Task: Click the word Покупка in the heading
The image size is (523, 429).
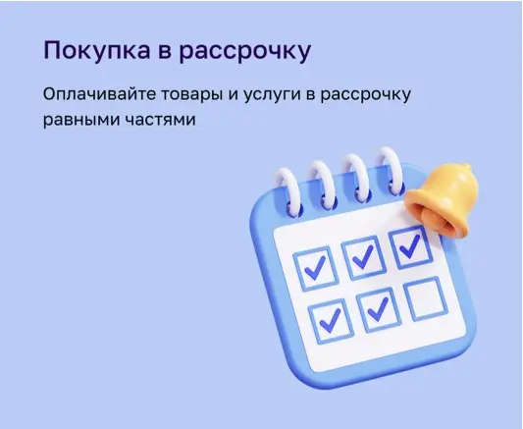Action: tap(96, 51)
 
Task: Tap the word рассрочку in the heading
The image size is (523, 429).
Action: tap(245, 53)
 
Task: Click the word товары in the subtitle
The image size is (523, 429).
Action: tap(191, 96)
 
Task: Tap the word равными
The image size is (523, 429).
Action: tap(81, 120)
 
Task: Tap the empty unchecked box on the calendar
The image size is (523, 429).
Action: tap(425, 298)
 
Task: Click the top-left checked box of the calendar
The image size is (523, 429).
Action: tap(314, 269)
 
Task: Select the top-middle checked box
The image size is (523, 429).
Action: tap(363, 258)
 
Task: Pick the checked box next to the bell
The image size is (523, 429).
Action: tap(410, 246)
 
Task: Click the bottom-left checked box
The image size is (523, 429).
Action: tap(331, 320)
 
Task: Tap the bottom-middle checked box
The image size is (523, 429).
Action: tap(379, 310)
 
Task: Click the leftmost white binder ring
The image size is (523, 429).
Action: tap(289, 191)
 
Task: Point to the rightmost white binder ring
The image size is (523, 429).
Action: tap(391, 172)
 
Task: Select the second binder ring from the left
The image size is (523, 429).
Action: tap(322, 185)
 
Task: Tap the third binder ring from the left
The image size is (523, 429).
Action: tap(356, 178)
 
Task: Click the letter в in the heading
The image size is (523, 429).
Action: tap(165, 53)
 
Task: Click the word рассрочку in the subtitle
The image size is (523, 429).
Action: tap(366, 96)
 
